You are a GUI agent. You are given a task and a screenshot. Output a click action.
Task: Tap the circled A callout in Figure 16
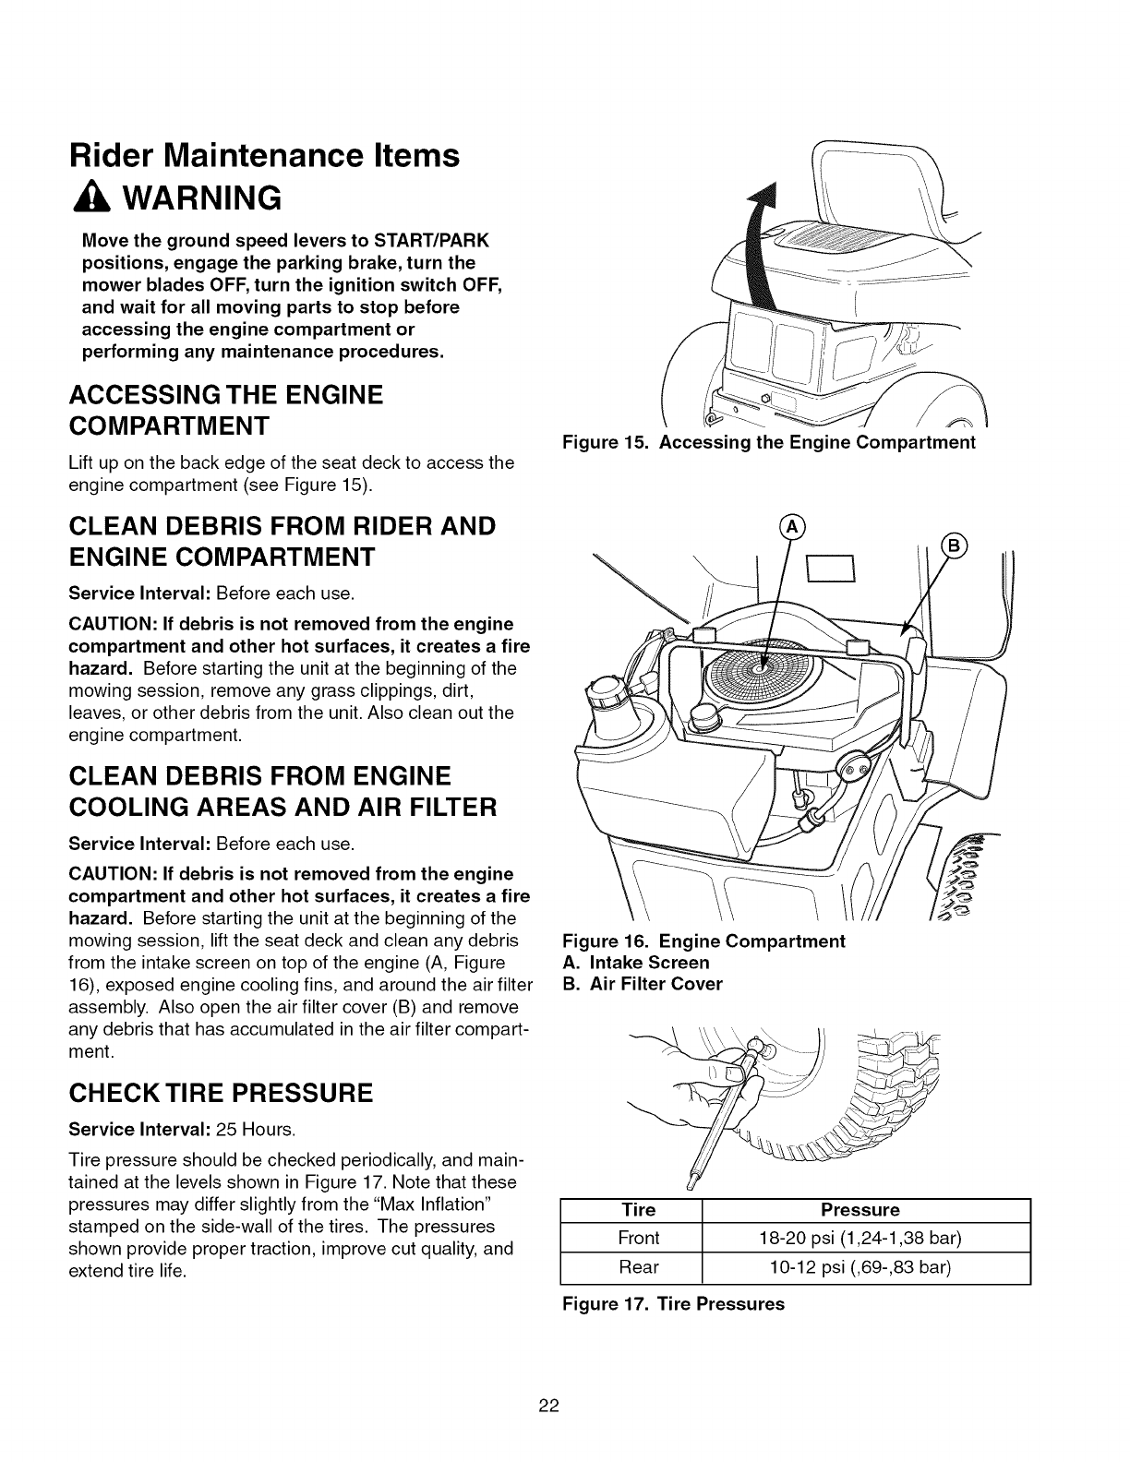click(x=792, y=529)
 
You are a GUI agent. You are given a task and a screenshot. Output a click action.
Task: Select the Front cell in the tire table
click(x=639, y=1237)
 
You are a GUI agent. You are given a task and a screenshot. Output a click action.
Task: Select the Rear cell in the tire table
click(x=639, y=1267)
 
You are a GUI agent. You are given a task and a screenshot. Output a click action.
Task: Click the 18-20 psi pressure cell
click(x=866, y=1237)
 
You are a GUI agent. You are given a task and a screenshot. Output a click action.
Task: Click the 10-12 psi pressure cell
click(x=866, y=1267)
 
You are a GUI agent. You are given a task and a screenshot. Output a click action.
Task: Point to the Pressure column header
click(x=866, y=1209)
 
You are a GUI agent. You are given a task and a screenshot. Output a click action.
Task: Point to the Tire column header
click(x=639, y=1209)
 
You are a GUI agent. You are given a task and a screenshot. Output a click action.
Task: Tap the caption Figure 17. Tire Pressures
click(x=673, y=1304)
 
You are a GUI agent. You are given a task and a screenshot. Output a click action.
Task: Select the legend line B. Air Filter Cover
click(x=643, y=984)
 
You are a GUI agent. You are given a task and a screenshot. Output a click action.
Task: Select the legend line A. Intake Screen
click(x=636, y=963)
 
